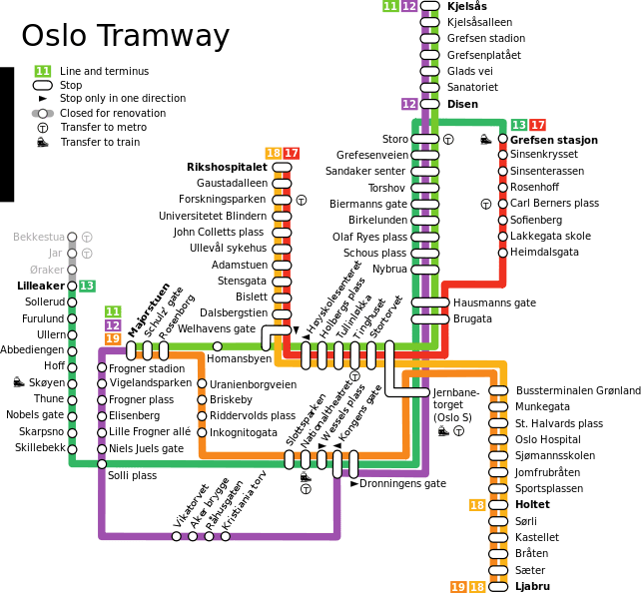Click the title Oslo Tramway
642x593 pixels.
(x=126, y=37)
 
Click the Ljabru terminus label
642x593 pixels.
(x=532, y=586)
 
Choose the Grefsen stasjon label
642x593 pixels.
(x=553, y=140)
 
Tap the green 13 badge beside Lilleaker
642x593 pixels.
(x=87, y=287)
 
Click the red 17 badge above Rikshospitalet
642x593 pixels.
(x=291, y=153)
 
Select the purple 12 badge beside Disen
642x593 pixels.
(x=408, y=103)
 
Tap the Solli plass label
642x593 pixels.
(x=133, y=475)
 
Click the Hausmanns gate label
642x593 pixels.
(x=494, y=302)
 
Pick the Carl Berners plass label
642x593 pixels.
(x=553, y=203)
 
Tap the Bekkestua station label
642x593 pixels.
(x=39, y=237)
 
